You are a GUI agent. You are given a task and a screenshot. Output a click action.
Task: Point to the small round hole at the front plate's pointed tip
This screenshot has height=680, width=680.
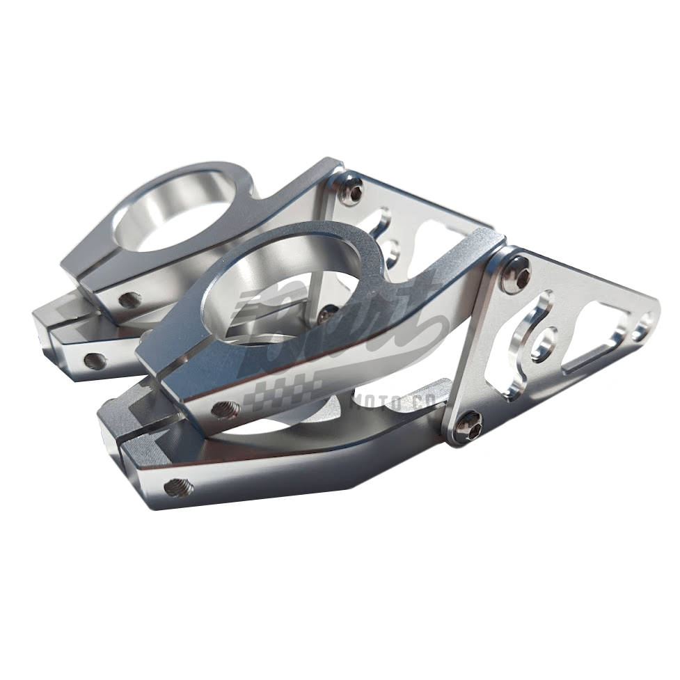click(644, 323)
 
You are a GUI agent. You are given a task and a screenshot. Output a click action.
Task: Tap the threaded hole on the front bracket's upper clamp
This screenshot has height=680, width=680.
click(225, 409)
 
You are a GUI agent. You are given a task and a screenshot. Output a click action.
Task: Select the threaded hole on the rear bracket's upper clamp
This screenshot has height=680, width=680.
click(129, 300)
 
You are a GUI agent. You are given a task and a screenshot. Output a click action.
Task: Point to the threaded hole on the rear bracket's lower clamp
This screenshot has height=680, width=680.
click(95, 360)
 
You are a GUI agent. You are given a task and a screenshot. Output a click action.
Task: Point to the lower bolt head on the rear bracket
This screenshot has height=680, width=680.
click(328, 313)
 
